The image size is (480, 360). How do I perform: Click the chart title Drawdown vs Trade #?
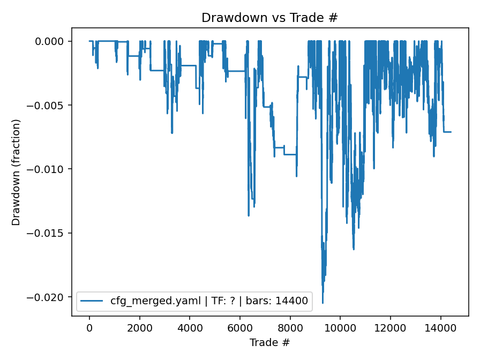(269, 18)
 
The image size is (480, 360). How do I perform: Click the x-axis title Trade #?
(269, 342)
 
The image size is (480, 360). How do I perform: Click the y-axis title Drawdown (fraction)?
(16, 172)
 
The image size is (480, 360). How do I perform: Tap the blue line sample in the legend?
(92, 302)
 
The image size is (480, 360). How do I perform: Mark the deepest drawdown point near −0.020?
(322, 303)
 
